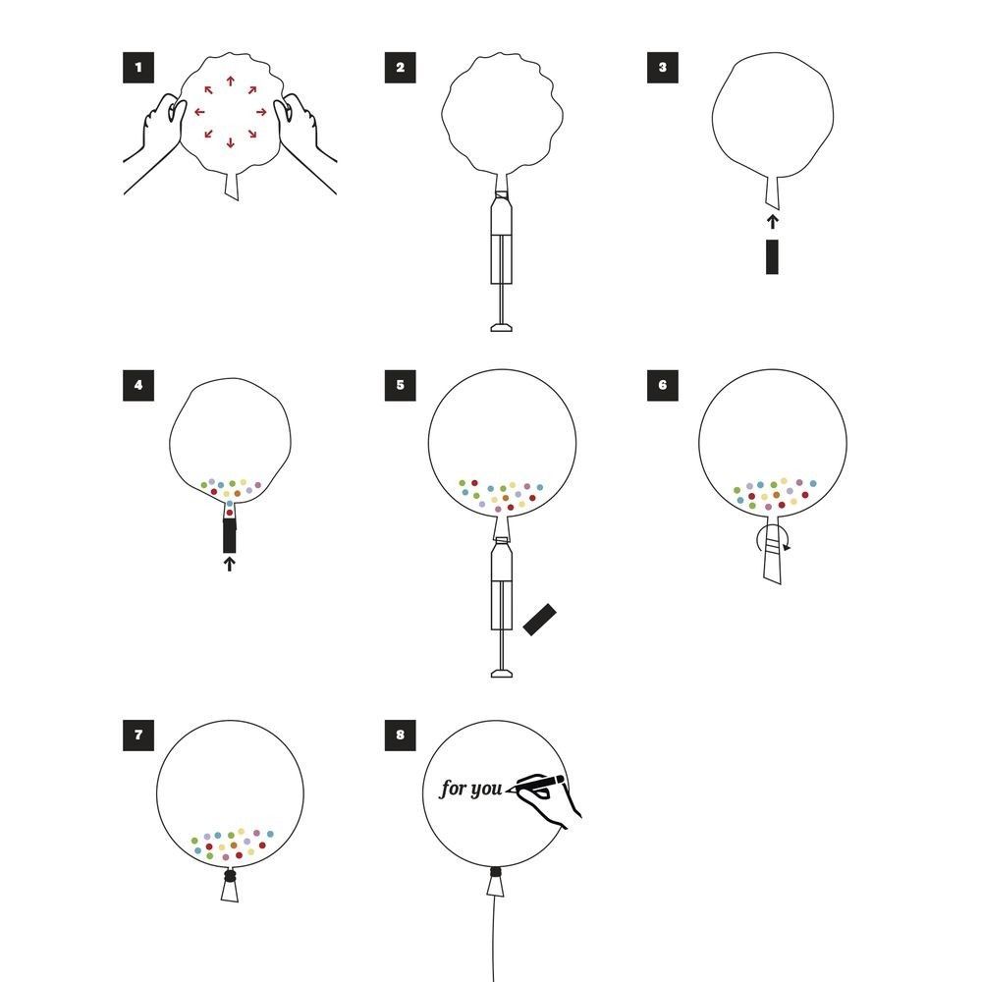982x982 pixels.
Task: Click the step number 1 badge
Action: [x=138, y=68]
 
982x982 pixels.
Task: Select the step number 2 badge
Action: [x=401, y=68]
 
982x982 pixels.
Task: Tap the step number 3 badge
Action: [x=663, y=68]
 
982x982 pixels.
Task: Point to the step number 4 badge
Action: [x=138, y=385]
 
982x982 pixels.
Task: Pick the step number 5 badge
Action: [x=401, y=385]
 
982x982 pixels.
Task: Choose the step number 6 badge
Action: [x=663, y=385]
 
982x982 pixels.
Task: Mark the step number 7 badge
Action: [x=138, y=736]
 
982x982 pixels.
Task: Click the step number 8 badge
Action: [x=401, y=736]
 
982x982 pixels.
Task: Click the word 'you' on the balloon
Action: [x=485, y=790]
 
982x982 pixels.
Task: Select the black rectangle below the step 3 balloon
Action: [x=772, y=256]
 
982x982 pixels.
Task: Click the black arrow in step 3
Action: [x=773, y=222]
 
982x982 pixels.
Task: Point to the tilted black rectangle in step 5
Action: [x=539, y=620]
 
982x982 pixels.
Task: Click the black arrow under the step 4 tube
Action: [x=229, y=565]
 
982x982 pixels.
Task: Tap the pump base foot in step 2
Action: [x=502, y=327]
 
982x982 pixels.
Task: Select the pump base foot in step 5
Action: [x=502, y=674]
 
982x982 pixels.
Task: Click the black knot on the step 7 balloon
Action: [x=230, y=875]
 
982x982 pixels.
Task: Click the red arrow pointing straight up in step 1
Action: [x=231, y=82]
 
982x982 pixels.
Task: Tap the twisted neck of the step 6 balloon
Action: [x=773, y=549]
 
